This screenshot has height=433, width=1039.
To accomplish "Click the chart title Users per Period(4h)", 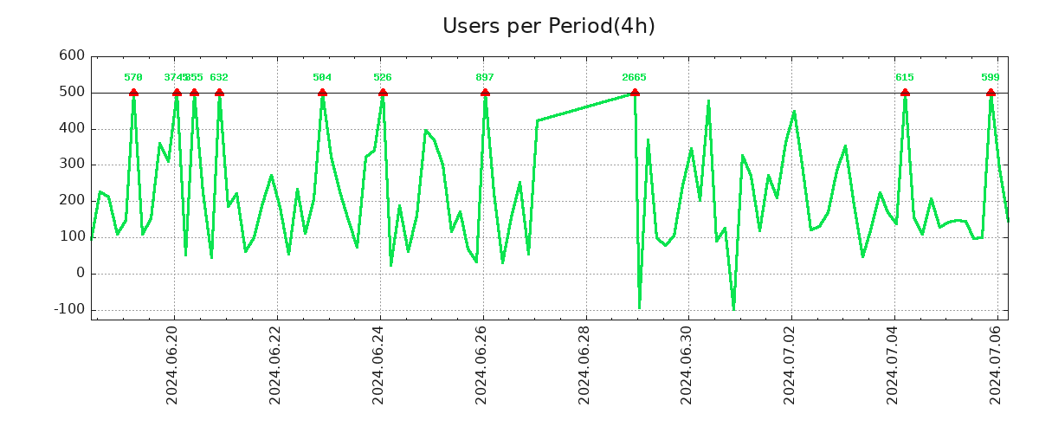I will (548, 26).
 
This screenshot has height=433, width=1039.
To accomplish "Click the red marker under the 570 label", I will (133, 93).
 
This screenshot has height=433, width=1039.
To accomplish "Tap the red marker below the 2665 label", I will (635, 93).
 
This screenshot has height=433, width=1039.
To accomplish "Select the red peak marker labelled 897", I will (485, 93).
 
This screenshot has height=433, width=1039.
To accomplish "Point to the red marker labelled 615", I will (905, 93).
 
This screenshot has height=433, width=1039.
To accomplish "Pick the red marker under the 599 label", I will (991, 93).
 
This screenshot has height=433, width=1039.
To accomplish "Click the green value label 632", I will (219, 77).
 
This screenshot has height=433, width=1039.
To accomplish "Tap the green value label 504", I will (322, 77).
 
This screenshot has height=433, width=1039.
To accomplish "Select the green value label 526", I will (383, 77).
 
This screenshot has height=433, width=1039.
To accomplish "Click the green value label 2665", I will (634, 77).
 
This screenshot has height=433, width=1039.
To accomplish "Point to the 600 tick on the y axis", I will (72, 55).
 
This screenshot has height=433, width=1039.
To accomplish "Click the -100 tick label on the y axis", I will (69, 309).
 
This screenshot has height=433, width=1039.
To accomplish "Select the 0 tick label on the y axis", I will (81, 273).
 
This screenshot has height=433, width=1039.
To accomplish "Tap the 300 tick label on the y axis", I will (72, 165).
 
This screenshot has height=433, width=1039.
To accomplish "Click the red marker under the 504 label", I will (322, 93).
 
